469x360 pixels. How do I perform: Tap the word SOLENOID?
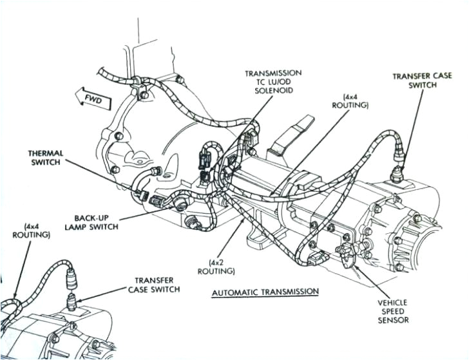click(x=273, y=91)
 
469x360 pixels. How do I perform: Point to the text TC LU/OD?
click(x=273, y=82)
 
